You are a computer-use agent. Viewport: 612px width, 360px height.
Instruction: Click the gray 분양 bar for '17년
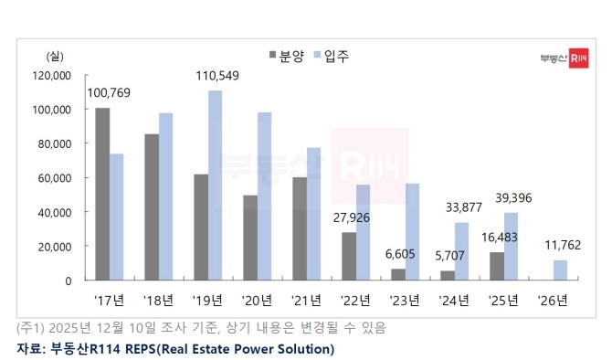point(102,194)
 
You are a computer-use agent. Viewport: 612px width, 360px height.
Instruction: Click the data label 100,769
point(108,91)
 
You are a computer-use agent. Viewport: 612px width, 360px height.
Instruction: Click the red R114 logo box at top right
point(578,58)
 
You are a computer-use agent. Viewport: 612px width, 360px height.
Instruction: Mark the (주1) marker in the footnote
point(31,327)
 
